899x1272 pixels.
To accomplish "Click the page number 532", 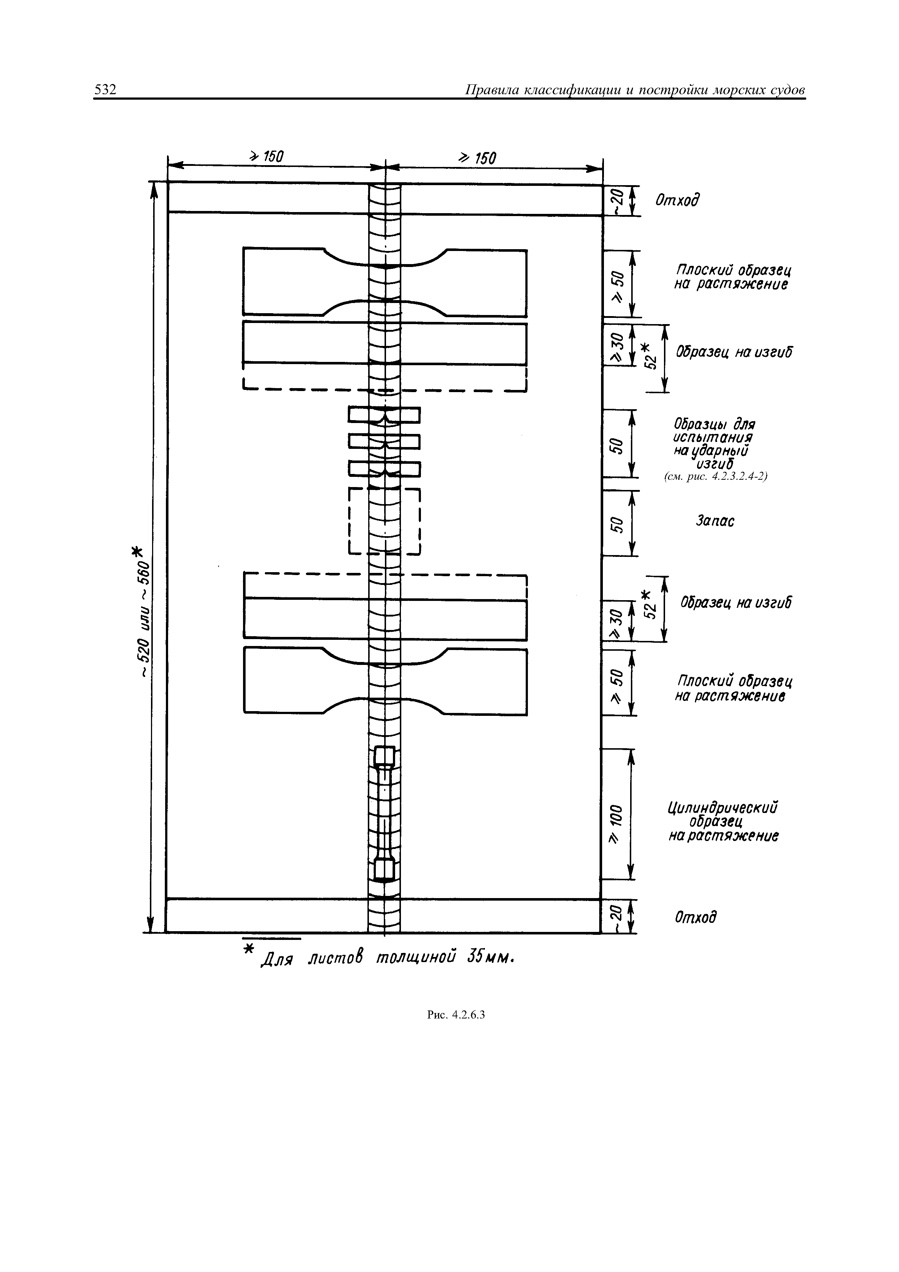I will coord(105,90).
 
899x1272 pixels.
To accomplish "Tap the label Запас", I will coord(715,521).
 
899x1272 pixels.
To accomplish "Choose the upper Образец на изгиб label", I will coord(733,352).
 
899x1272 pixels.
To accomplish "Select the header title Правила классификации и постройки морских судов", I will coord(634,90).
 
